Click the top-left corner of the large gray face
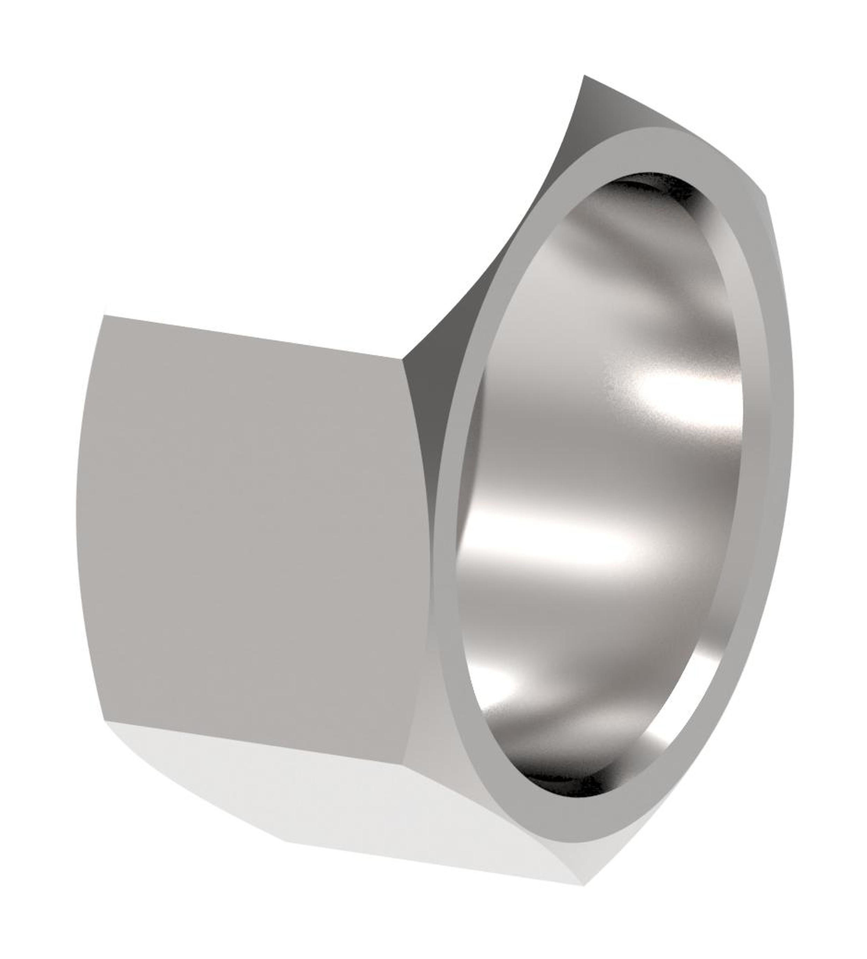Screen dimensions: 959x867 pos(104,316)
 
